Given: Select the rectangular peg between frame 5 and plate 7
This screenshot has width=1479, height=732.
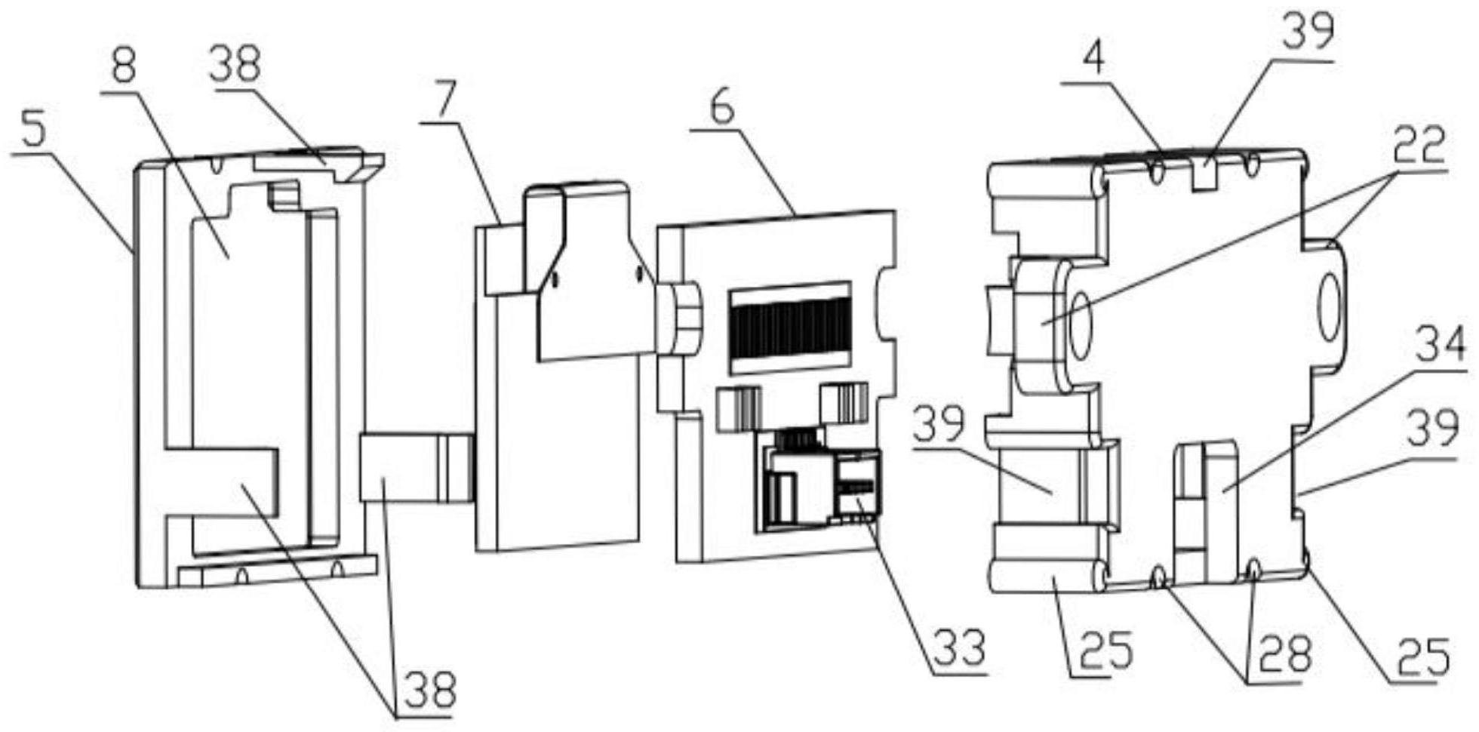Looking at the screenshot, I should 415,467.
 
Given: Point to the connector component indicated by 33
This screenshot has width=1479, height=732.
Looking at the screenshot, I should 823,487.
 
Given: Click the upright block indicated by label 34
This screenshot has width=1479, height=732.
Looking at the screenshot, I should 1207,513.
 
